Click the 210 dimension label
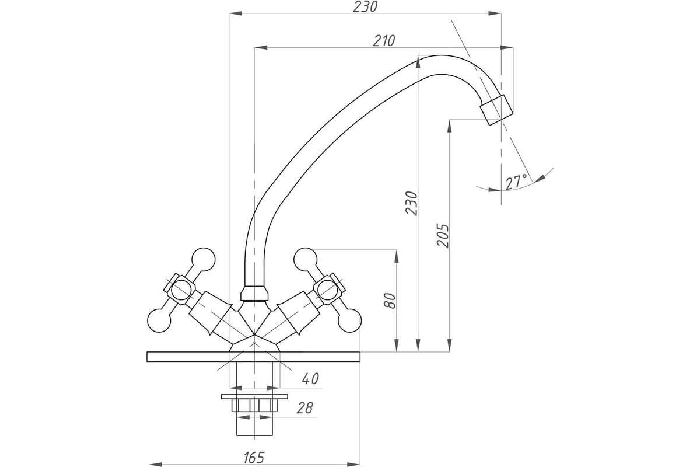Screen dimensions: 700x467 coord(384,41)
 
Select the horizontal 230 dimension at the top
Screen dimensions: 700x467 coord(365,7)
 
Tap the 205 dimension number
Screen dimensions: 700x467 coord(443,235)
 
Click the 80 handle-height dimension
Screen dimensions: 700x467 coord(390,301)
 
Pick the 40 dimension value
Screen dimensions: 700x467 coord(310,379)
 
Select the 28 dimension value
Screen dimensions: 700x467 coord(304,408)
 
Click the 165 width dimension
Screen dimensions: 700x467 coord(254,458)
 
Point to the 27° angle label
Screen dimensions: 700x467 coord(516,182)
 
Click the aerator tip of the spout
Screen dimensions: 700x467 coord(496,110)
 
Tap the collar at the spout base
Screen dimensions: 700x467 coord(254,294)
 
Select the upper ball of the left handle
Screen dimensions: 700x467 coord(204,260)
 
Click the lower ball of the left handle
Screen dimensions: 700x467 coord(159,320)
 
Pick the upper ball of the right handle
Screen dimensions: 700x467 coord(305,260)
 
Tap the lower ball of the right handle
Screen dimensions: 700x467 coord(349,320)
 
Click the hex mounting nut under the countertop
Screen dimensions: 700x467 coord(254,405)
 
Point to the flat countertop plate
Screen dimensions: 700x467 coord(253,357)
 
